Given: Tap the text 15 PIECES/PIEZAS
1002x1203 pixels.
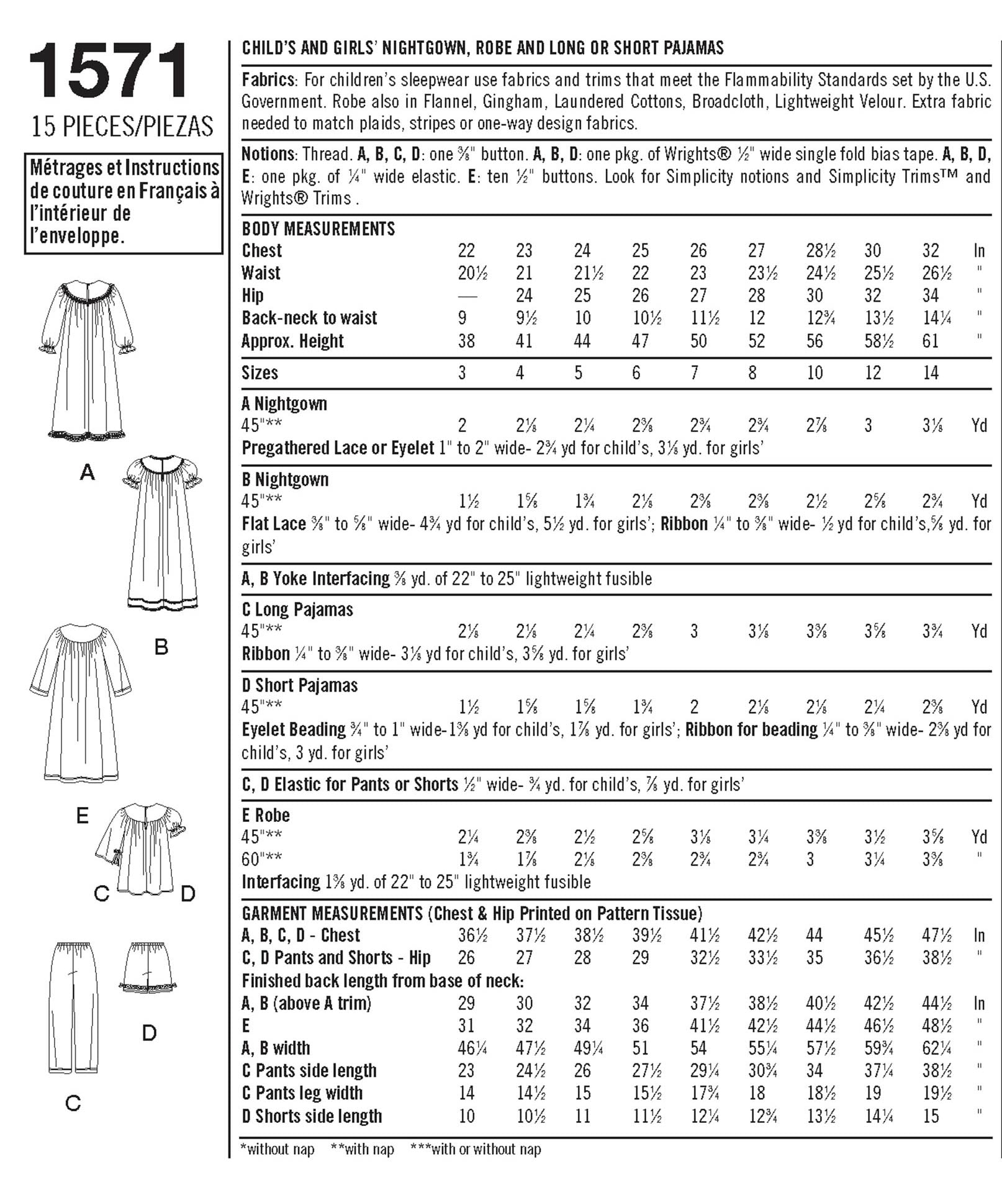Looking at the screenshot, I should point(122,127).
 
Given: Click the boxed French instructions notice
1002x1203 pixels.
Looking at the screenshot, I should point(124,202).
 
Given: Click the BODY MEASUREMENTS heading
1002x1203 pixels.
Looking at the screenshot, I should point(318,229).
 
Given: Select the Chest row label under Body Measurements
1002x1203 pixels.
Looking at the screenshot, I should point(261,251).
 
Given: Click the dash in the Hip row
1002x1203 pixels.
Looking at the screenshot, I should point(467,296).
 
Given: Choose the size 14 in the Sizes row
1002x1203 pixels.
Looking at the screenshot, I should point(931,373).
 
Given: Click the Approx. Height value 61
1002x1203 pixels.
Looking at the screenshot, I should point(931,341).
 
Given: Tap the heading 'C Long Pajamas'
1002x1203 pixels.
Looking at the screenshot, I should point(297,610).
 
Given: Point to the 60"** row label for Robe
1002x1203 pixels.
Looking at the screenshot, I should point(261,859).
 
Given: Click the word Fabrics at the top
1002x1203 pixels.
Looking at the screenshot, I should point(268,80).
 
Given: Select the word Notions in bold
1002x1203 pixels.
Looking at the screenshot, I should point(268,154).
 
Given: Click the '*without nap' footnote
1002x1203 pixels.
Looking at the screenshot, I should point(278,1149).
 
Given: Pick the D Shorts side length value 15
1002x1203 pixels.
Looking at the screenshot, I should point(931,1116).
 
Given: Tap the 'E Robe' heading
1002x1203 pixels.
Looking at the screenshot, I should point(266,815).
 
